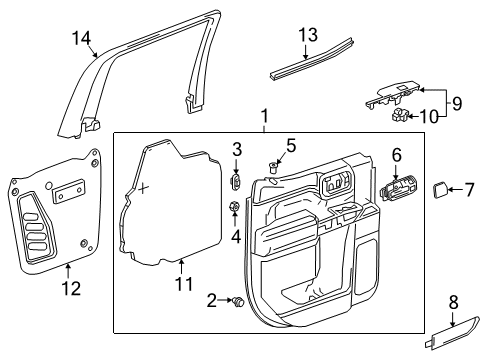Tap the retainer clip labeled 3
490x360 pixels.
tap(237, 182)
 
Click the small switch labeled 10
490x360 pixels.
tap(402, 118)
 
